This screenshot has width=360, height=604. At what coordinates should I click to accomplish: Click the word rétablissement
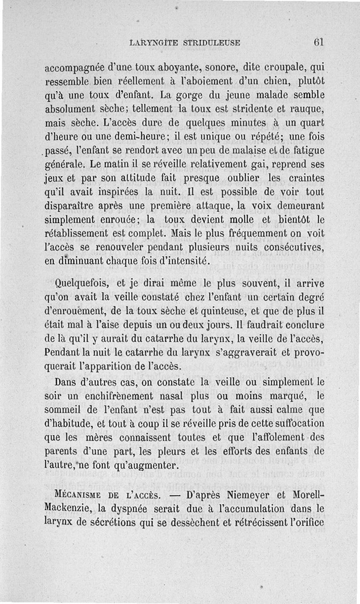[80, 234]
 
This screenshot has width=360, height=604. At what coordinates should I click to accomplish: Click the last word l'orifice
[304, 523]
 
